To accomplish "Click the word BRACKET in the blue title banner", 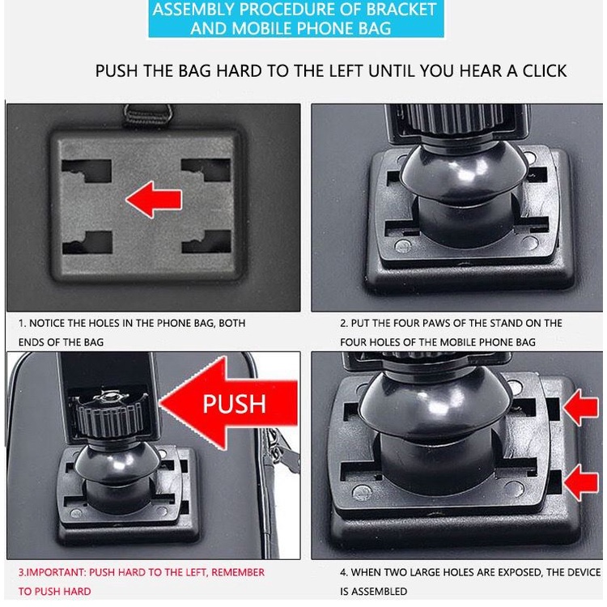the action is [x=401, y=9].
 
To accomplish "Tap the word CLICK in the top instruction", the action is [x=545, y=71].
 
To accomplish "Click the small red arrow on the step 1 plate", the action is [x=154, y=199].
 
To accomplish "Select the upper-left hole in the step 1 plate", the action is [x=87, y=171].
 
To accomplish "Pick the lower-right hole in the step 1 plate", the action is [x=206, y=241].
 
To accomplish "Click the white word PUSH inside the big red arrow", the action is [x=234, y=403].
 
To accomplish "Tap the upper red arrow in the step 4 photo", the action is [x=581, y=407].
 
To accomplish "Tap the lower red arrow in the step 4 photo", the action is [x=581, y=482].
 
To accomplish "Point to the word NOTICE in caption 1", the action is [x=47, y=323].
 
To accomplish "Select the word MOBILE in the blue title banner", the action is [x=259, y=28].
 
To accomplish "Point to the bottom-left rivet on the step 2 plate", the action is [x=402, y=245].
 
